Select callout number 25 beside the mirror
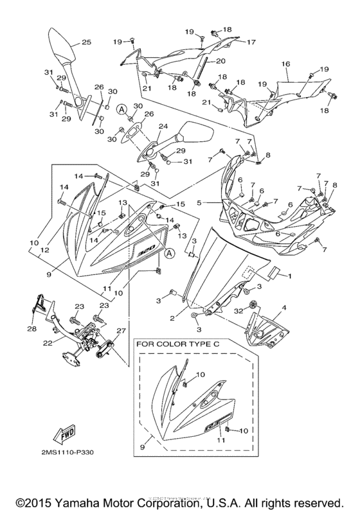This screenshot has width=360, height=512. [85, 43]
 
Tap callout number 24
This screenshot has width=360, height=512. [163, 126]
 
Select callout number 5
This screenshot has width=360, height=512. [199, 202]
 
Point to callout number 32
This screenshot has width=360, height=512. [240, 310]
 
